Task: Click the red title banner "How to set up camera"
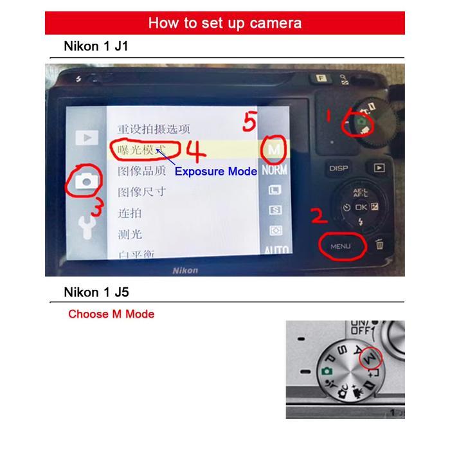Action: [225, 23]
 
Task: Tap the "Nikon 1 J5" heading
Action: [96, 292]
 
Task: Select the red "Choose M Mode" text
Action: [111, 314]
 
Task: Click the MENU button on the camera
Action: [341, 246]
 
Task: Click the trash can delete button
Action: [380, 245]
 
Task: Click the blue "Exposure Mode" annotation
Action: [216, 172]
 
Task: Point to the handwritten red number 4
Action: [196, 152]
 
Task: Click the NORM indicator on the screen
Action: [275, 171]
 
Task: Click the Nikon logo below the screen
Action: [184, 271]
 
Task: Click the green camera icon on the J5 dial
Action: [327, 371]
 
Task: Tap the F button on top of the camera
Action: [318, 78]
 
